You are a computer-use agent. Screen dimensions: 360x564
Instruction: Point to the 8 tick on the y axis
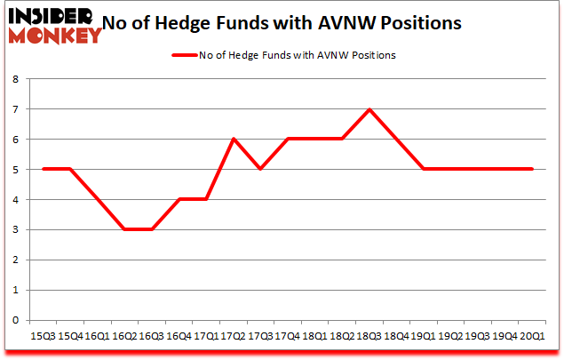pyautogui.click(x=16, y=79)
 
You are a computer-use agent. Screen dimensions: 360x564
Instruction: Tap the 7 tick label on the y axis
pyautogui.click(x=16, y=109)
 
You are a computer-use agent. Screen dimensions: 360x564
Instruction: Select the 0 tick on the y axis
pyautogui.click(x=16, y=321)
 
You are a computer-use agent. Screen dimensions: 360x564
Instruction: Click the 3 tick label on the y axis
pyautogui.click(x=16, y=230)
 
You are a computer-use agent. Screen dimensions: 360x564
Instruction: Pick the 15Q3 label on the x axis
pyautogui.click(x=43, y=335)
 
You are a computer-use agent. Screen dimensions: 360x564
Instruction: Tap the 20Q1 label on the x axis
pyautogui.click(x=532, y=335)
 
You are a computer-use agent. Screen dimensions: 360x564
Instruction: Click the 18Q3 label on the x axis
pyautogui.click(x=369, y=335)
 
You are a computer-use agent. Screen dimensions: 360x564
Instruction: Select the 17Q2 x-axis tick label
pyautogui.click(x=233, y=335)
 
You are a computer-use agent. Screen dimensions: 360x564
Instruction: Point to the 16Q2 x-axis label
pyautogui.click(x=124, y=335)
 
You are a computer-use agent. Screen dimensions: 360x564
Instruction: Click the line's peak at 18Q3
pyautogui.click(x=369, y=109)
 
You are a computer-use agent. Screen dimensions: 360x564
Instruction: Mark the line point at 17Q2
pyautogui.click(x=233, y=140)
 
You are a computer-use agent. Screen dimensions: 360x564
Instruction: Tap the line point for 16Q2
pyautogui.click(x=124, y=229)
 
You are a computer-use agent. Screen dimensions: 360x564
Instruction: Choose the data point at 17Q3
pyautogui.click(x=260, y=169)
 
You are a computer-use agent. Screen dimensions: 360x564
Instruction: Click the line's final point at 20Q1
pyautogui.click(x=532, y=169)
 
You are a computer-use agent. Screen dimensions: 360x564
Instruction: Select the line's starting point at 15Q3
pyautogui.click(x=43, y=169)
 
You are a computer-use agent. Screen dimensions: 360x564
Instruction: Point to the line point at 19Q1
pyautogui.click(x=423, y=169)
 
